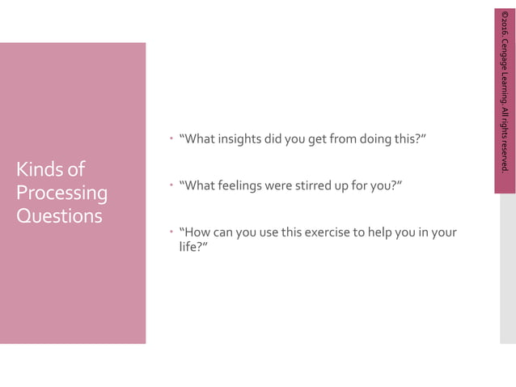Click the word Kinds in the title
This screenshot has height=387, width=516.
(39, 170)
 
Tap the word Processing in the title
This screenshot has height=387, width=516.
(61, 193)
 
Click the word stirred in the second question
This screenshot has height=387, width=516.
(329, 186)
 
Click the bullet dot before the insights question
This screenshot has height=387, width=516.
(171, 138)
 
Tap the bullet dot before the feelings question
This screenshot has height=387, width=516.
(171, 186)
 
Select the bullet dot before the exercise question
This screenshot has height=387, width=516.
(171, 233)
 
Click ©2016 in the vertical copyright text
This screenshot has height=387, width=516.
(505, 23)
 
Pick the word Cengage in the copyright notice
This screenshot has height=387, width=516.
(505, 55)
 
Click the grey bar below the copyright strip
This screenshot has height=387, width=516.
(507, 267)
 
